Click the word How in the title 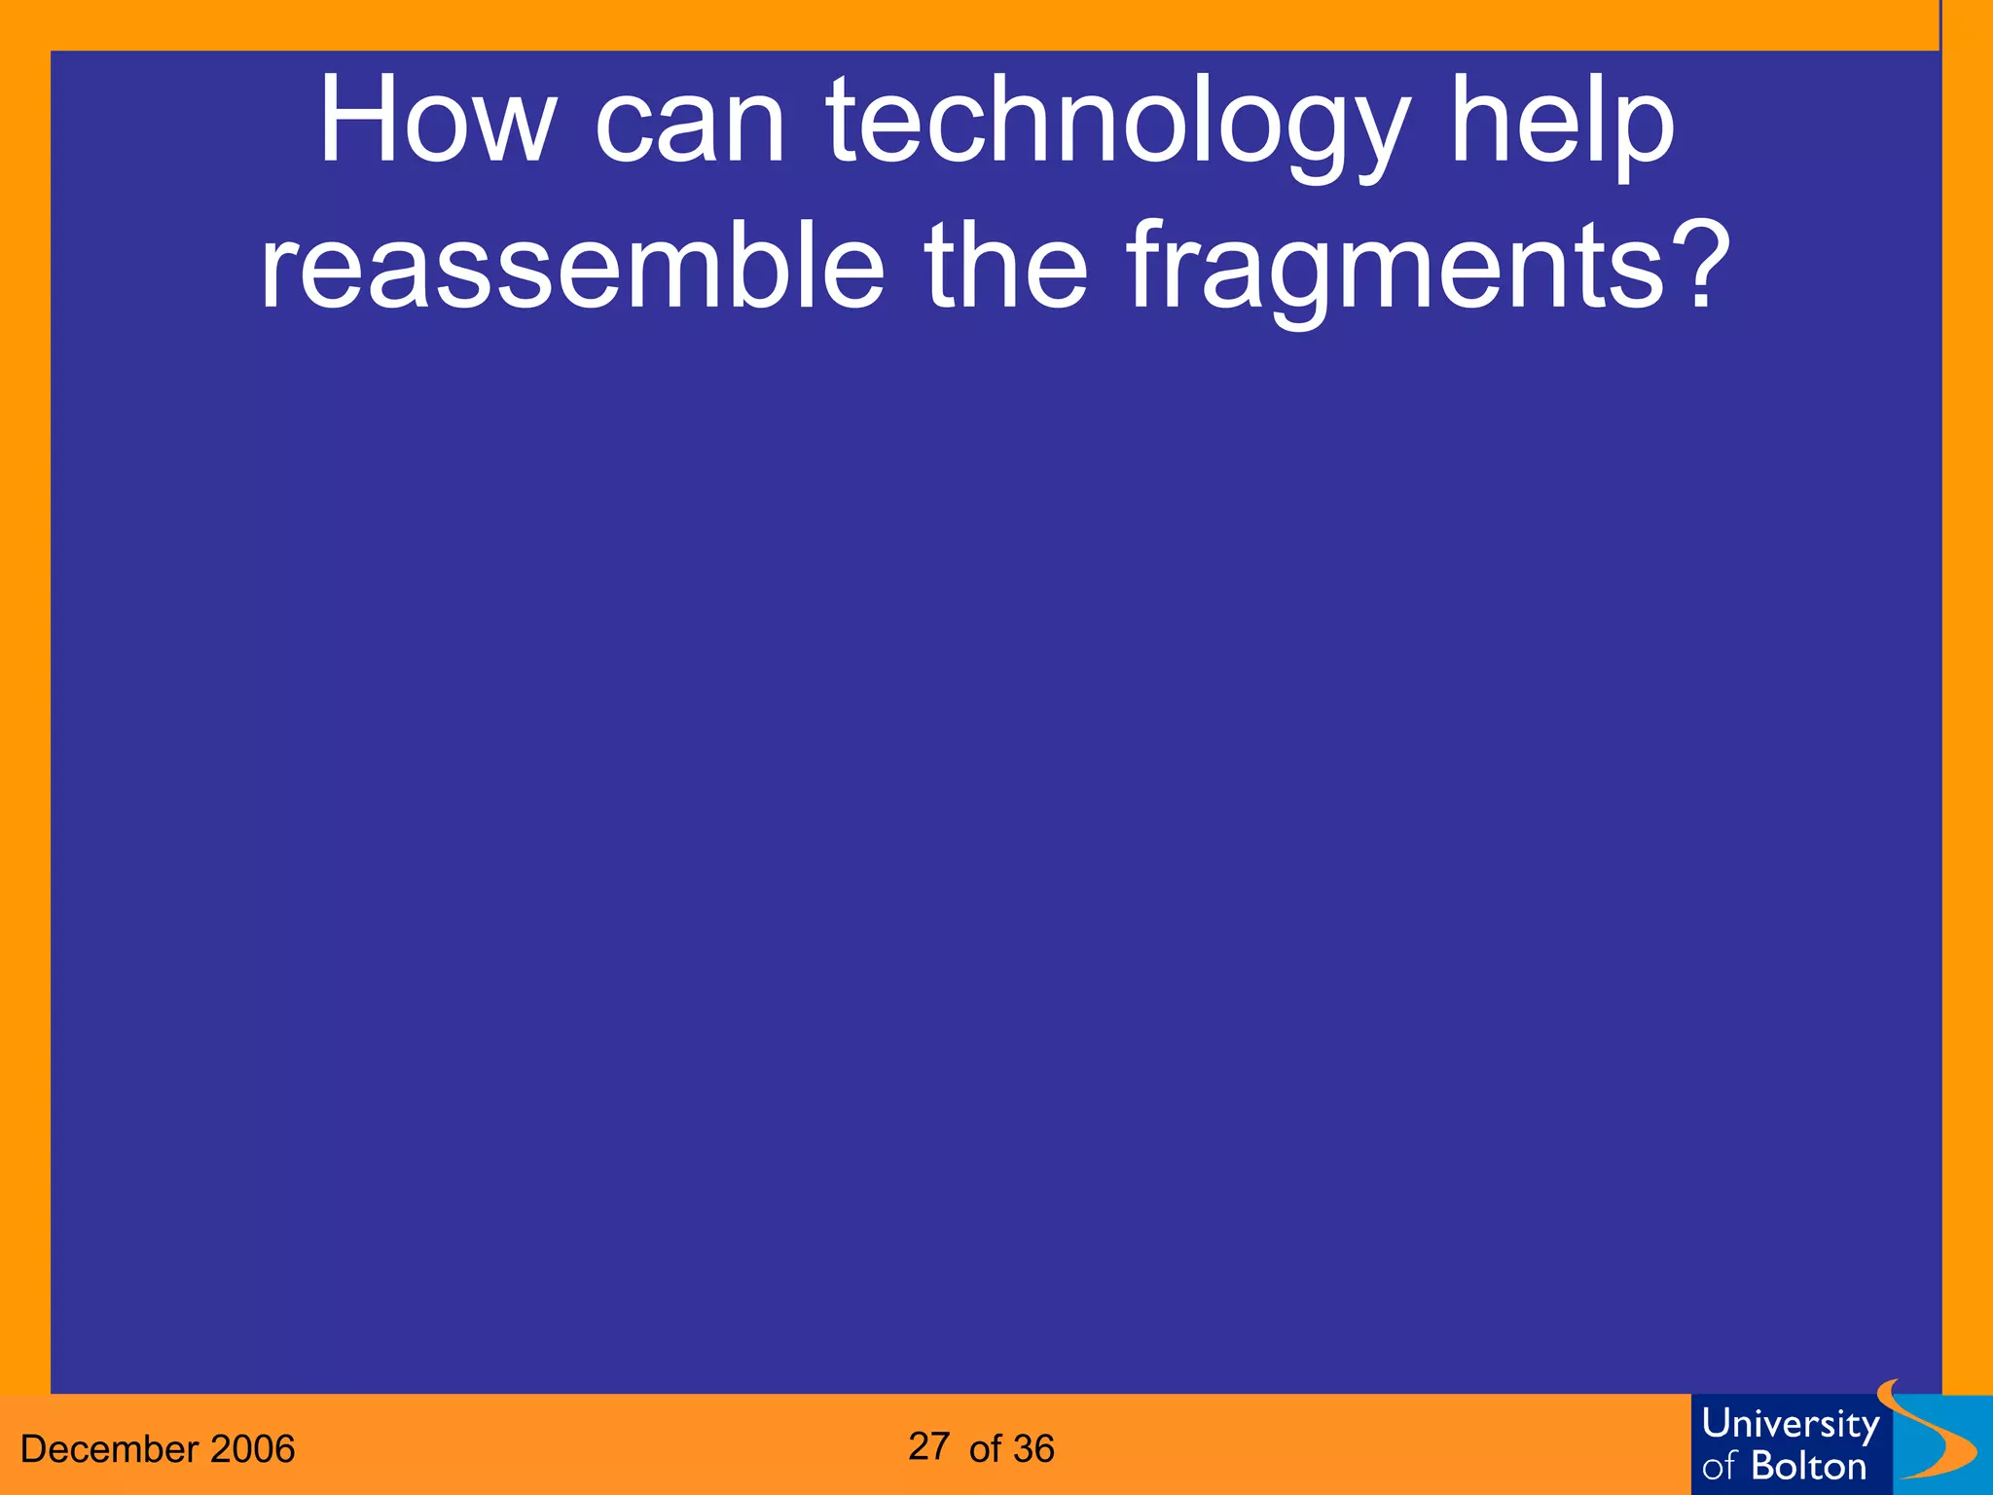437,123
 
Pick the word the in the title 1006,265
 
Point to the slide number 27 929,1446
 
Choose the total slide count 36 1033,1449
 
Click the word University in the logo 1791,1425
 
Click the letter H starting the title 354,123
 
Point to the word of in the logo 1719,1467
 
